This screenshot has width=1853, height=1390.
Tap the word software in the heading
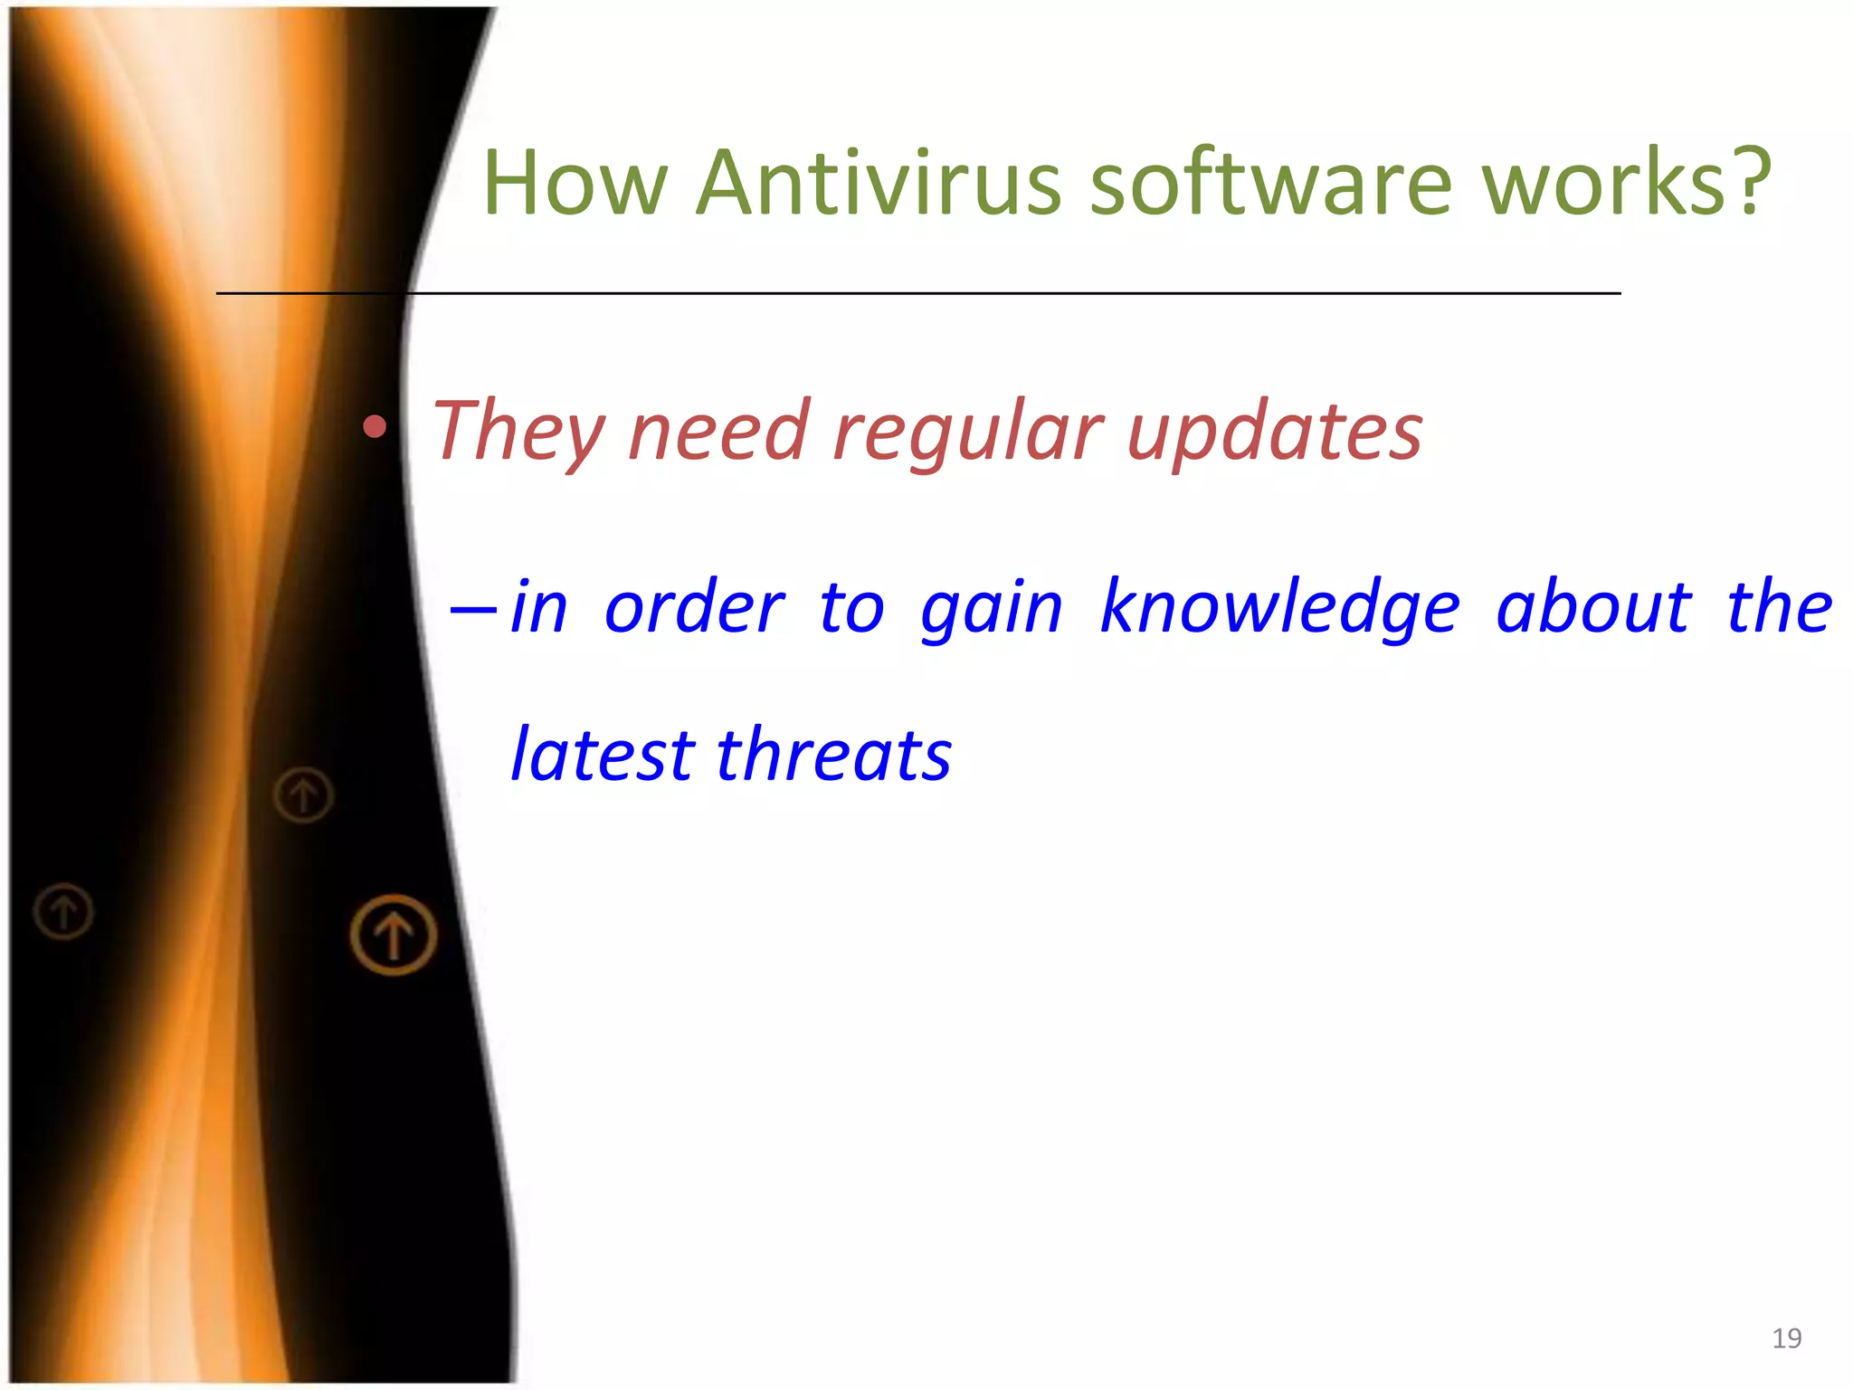[x=1270, y=184]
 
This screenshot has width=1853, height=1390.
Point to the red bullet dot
[x=375, y=426]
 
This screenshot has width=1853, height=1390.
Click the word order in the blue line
[x=694, y=607]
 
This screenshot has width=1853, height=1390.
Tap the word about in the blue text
[x=1592, y=607]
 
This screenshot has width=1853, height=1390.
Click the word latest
[x=603, y=755]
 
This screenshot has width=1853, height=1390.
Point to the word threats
[x=833, y=755]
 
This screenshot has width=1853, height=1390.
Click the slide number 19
[x=1786, y=1338]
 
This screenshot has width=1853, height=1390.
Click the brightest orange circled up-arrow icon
[x=394, y=935]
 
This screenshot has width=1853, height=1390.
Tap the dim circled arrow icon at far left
[x=63, y=910]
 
